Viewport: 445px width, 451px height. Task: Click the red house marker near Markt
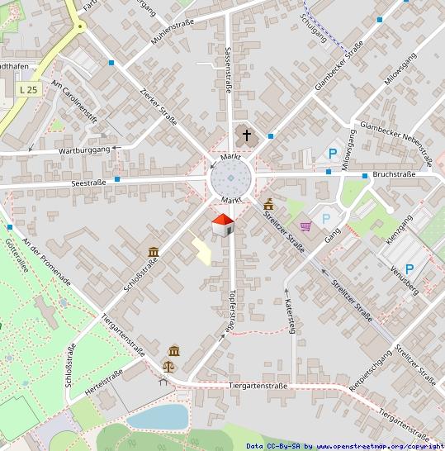[223, 224]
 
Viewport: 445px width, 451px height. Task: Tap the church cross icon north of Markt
[245, 134]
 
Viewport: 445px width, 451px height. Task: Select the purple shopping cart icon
[305, 225]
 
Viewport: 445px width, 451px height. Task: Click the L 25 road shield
[27, 89]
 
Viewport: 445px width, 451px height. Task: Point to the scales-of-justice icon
[173, 354]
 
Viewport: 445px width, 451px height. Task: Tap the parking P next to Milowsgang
[333, 153]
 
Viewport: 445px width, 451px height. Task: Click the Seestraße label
[89, 183]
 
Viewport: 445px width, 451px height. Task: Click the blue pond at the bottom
[157, 416]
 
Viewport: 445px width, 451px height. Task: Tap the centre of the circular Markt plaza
[230, 178]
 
